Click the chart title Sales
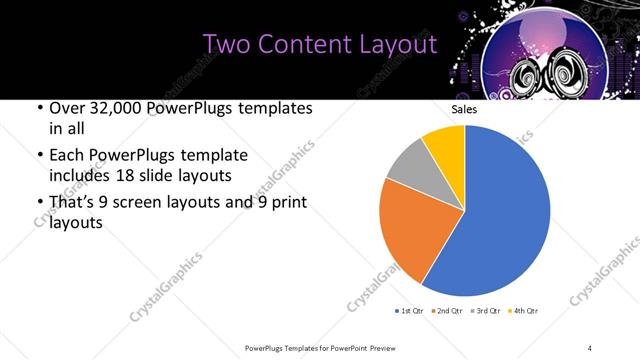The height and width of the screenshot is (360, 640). point(464,108)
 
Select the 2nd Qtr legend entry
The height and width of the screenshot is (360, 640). point(446,312)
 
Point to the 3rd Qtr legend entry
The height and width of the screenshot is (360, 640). point(483,312)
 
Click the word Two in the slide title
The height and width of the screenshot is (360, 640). point(224,45)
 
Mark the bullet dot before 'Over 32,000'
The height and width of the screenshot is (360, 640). point(39,109)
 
